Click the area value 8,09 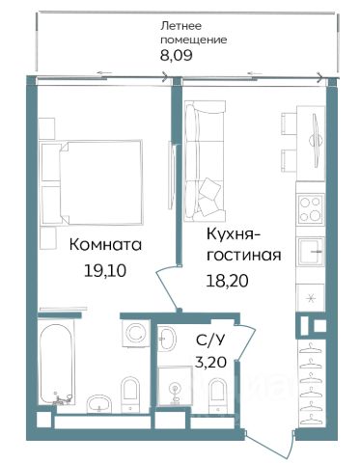[x=177, y=55]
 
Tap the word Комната [x=105, y=245]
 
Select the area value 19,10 [x=105, y=271]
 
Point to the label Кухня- [x=234, y=235]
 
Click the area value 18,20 [x=227, y=281]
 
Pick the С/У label [x=209, y=340]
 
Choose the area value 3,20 [x=210, y=363]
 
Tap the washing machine [x=136, y=333]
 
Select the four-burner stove [x=311, y=209]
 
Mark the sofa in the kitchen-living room [x=205, y=161]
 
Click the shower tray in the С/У [x=175, y=386]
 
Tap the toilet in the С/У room [x=217, y=395]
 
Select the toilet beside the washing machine [x=130, y=395]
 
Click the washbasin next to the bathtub [x=99, y=403]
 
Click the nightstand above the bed [x=46, y=128]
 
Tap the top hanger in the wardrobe [x=310, y=348]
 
